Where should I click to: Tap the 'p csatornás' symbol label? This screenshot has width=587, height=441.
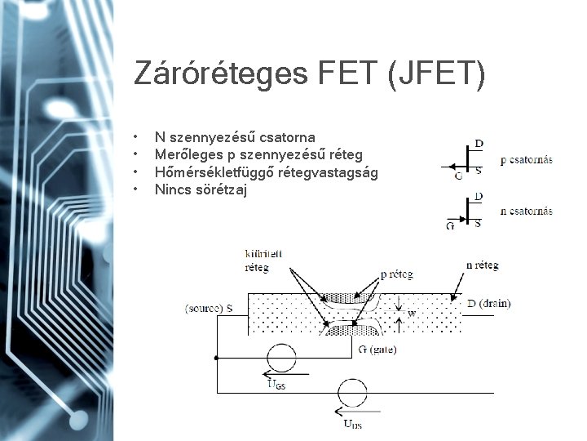pos(526,160)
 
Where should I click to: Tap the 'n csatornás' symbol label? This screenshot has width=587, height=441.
pos(526,212)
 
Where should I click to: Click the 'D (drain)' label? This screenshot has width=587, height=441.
pos(488,304)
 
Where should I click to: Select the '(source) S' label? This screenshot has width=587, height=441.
pos(209,308)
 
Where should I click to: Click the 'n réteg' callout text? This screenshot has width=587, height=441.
pos(482,265)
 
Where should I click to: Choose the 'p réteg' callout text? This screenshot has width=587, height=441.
pos(397,274)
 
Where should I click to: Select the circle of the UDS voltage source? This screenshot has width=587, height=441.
pos(353,394)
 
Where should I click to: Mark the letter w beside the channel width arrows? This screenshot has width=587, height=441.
pos(412,312)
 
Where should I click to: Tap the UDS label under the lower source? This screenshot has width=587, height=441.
pos(353,424)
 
